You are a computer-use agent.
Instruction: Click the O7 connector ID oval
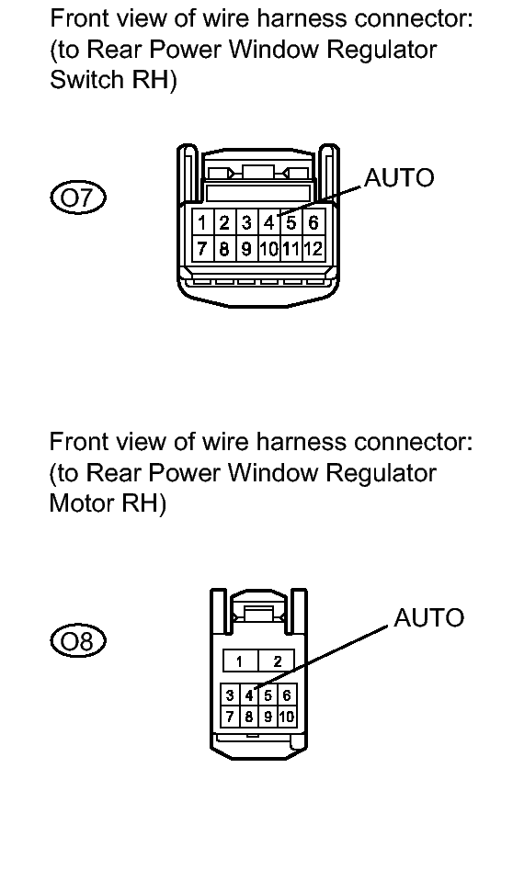(77, 198)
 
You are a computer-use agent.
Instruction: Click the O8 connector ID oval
(77, 640)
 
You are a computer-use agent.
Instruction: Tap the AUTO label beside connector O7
(399, 178)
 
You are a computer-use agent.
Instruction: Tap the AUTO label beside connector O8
(428, 618)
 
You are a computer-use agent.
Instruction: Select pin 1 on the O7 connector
(202, 223)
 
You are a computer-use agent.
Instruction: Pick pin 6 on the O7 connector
(313, 223)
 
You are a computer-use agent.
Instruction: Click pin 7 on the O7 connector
(202, 248)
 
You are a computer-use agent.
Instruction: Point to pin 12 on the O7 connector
(313, 248)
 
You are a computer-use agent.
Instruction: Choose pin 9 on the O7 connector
(246, 248)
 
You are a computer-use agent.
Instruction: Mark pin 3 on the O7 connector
(246, 223)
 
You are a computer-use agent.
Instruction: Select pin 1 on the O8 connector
(240, 661)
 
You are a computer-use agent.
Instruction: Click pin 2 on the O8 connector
(276, 661)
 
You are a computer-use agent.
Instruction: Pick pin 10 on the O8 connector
(286, 717)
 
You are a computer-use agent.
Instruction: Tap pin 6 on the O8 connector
(286, 695)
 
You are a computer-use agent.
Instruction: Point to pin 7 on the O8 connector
(230, 717)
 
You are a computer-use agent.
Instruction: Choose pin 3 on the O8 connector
(230, 695)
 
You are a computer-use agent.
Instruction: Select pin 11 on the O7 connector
(291, 248)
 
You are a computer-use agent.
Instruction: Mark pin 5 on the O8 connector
(268, 695)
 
